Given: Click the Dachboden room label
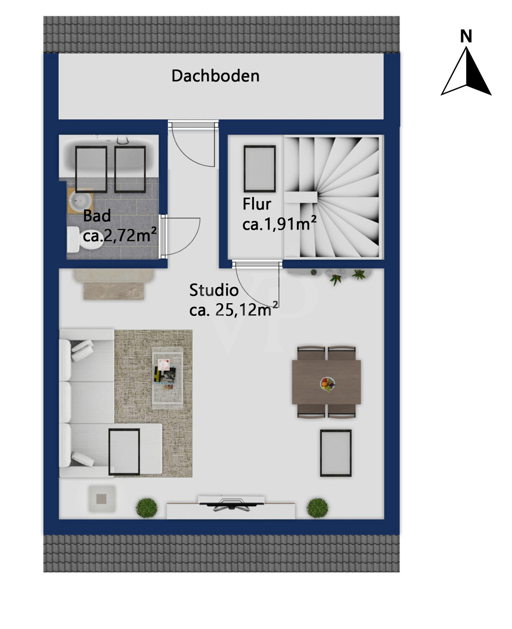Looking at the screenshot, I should click(x=215, y=76).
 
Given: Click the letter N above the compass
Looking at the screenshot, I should click(x=466, y=36).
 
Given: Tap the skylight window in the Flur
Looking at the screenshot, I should click(x=260, y=169).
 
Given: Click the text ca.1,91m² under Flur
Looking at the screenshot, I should click(x=279, y=224).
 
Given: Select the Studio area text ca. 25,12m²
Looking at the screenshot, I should click(x=233, y=310).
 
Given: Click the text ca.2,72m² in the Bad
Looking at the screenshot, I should click(x=120, y=235).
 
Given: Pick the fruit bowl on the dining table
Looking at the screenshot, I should click(x=327, y=383).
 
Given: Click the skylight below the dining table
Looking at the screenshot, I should click(x=336, y=453).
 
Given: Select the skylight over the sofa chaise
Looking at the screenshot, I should click(x=124, y=452).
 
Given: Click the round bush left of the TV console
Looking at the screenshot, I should click(x=147, y=507).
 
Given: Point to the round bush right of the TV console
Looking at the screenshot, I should click(x=317, y=508).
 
